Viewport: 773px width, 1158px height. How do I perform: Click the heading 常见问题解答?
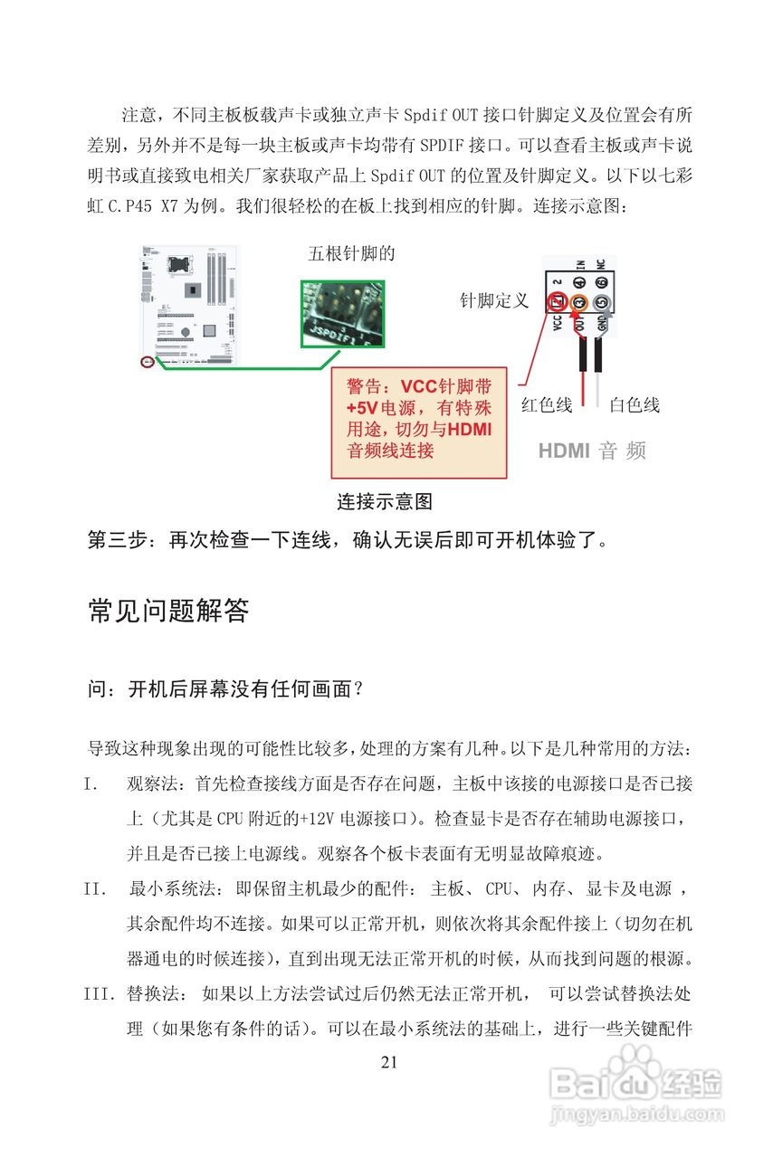(x=168, y=612)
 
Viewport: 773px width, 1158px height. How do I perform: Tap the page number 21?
(x=389, y=1062)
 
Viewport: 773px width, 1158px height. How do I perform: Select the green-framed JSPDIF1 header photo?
(x=342, y=313)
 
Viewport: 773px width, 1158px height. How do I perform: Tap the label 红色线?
(x=546, y=405)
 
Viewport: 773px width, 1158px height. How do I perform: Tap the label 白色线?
(x=634, y=405)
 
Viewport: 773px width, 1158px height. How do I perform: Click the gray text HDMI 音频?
(x=592, y=451)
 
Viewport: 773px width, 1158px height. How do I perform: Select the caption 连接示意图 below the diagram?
(x=385, y=501)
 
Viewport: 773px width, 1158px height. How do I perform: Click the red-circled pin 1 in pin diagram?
(x=558, y=302)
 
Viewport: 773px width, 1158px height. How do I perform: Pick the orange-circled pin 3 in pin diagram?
(x=580, y=302)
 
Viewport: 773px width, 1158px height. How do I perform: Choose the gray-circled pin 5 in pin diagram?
(x=602, y=302)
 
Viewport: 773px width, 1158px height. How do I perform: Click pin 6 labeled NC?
(x=602, y=282)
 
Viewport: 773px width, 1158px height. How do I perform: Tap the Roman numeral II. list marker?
(x=95, y=889)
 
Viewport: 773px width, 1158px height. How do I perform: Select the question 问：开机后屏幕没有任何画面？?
(x=226, y=689)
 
